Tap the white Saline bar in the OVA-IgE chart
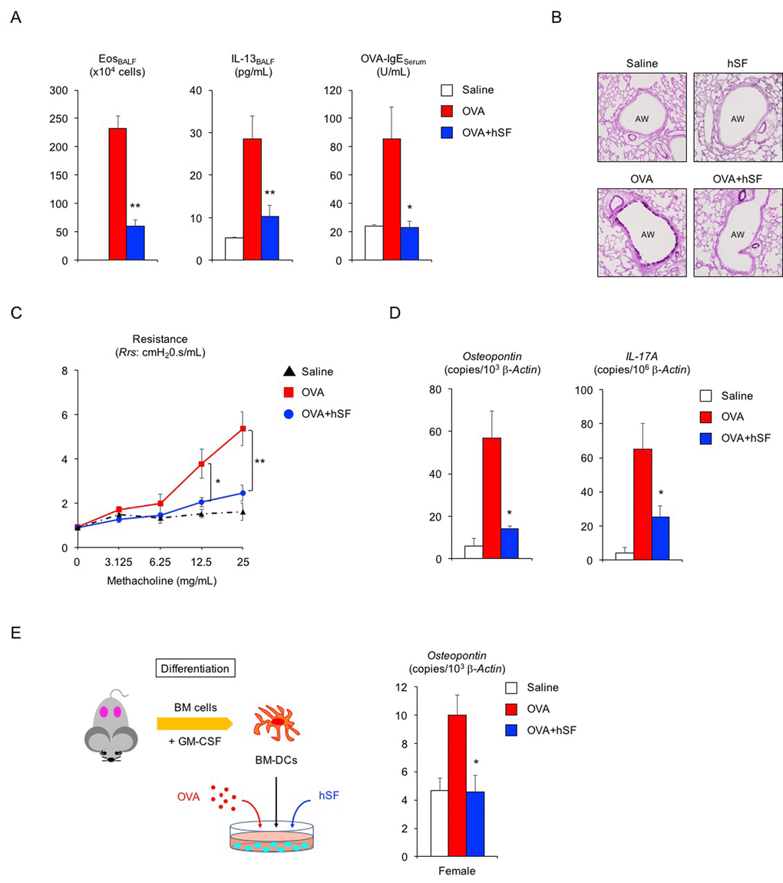374,243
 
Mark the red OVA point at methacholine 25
243,428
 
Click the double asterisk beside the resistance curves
261,461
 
